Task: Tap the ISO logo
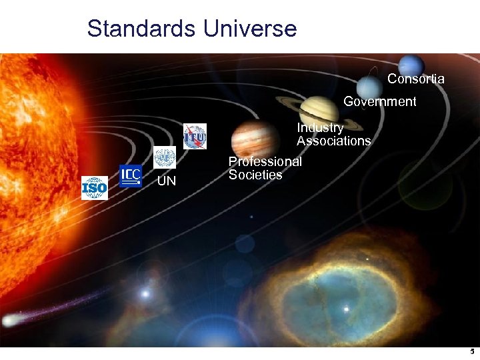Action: [94, 188]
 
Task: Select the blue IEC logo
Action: [131, 176]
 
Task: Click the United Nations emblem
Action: [164, 158]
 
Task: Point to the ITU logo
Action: [195, 136]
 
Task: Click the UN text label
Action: [167, 181]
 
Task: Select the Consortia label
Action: [415, 79]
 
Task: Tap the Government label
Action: [379, 101]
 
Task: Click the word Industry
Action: [320, 127]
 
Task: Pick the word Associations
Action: [333, 141]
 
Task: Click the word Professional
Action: [265, 161]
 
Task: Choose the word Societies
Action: [255, 175]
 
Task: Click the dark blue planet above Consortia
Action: [411, 65]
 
